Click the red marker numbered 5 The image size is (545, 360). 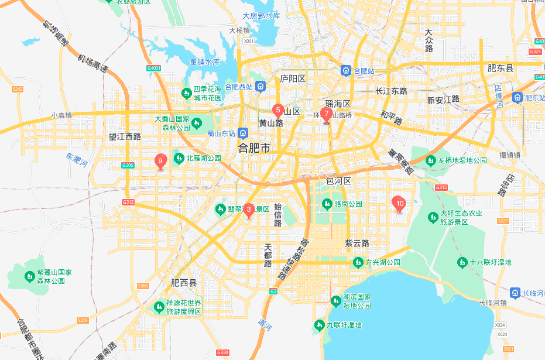[278, 109]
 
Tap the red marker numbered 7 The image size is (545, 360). [327, 114]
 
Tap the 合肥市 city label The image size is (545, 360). [255, 148]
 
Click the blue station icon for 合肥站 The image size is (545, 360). [347, 71]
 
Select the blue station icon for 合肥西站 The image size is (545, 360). [260, 87]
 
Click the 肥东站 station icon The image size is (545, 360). [517, 97]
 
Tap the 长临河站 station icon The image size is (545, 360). [515, 292]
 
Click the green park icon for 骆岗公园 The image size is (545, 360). [327, 204]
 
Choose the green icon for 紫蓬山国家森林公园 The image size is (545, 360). [29, 276]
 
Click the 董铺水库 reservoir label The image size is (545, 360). [205, 61]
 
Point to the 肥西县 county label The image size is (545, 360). [184, 283]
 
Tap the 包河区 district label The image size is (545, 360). [338, 181]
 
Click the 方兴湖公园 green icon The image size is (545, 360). [358, 262]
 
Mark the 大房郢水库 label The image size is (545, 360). [261, 16]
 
